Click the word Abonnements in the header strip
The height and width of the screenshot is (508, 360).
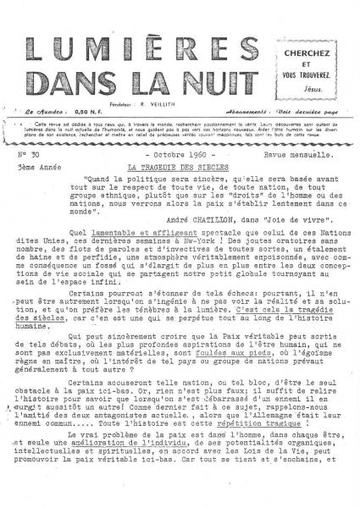tap(249, 110)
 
